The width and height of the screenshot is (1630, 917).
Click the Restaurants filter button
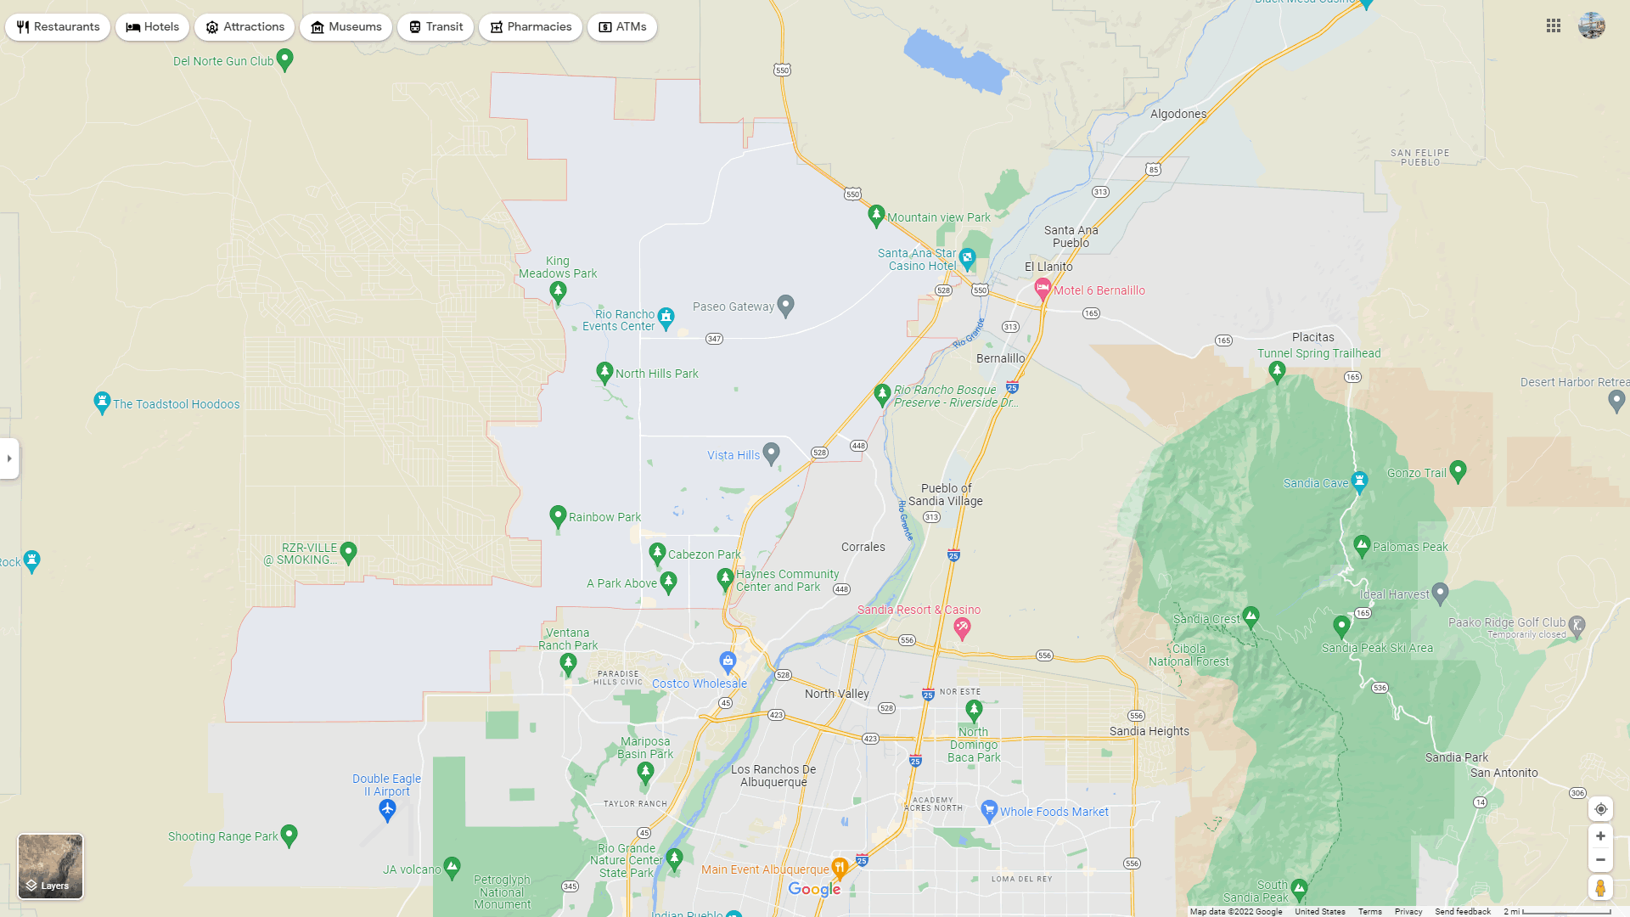[58, 27]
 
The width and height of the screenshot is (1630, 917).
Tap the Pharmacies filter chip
[531, 27]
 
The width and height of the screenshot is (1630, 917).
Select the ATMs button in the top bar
[622, 27]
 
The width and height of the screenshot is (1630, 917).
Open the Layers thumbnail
[51, 866]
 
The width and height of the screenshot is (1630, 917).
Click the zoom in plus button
[1600, 836]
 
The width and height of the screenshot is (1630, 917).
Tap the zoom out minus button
[1600, 860]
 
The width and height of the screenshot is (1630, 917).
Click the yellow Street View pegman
[1600, 888]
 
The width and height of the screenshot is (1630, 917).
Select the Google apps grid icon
[1554, 26]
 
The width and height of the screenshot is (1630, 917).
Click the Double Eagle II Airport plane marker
[387, 810]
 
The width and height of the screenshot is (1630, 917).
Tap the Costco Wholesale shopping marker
[728, 661]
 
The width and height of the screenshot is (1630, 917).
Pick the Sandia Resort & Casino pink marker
[962, 628]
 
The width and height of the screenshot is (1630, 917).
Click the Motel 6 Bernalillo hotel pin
[1043, 290]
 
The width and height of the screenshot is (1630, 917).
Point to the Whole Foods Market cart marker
[988, 811]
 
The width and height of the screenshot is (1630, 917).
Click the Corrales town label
[863, 547]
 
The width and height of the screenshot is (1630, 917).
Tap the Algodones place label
[1178, 114]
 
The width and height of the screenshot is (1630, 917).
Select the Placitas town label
[1313, 337]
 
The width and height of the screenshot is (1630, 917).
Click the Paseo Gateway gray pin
[786, 305]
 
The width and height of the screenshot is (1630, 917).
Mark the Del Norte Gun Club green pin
[285, 59]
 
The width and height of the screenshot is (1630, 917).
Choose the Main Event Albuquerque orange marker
[840, 868]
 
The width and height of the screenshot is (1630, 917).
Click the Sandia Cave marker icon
[1359, 481]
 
